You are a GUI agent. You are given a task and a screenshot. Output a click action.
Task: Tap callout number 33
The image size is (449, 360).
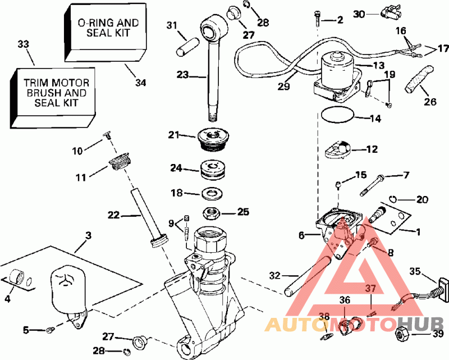click(x=23, y=44)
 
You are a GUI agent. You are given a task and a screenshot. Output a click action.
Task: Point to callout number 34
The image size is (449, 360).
click(x=140, y=83)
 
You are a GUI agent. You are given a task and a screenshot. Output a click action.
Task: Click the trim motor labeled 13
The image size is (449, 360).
click(x=337, y=71)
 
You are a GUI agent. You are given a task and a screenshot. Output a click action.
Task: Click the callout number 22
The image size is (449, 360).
click(x=114, y=215)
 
